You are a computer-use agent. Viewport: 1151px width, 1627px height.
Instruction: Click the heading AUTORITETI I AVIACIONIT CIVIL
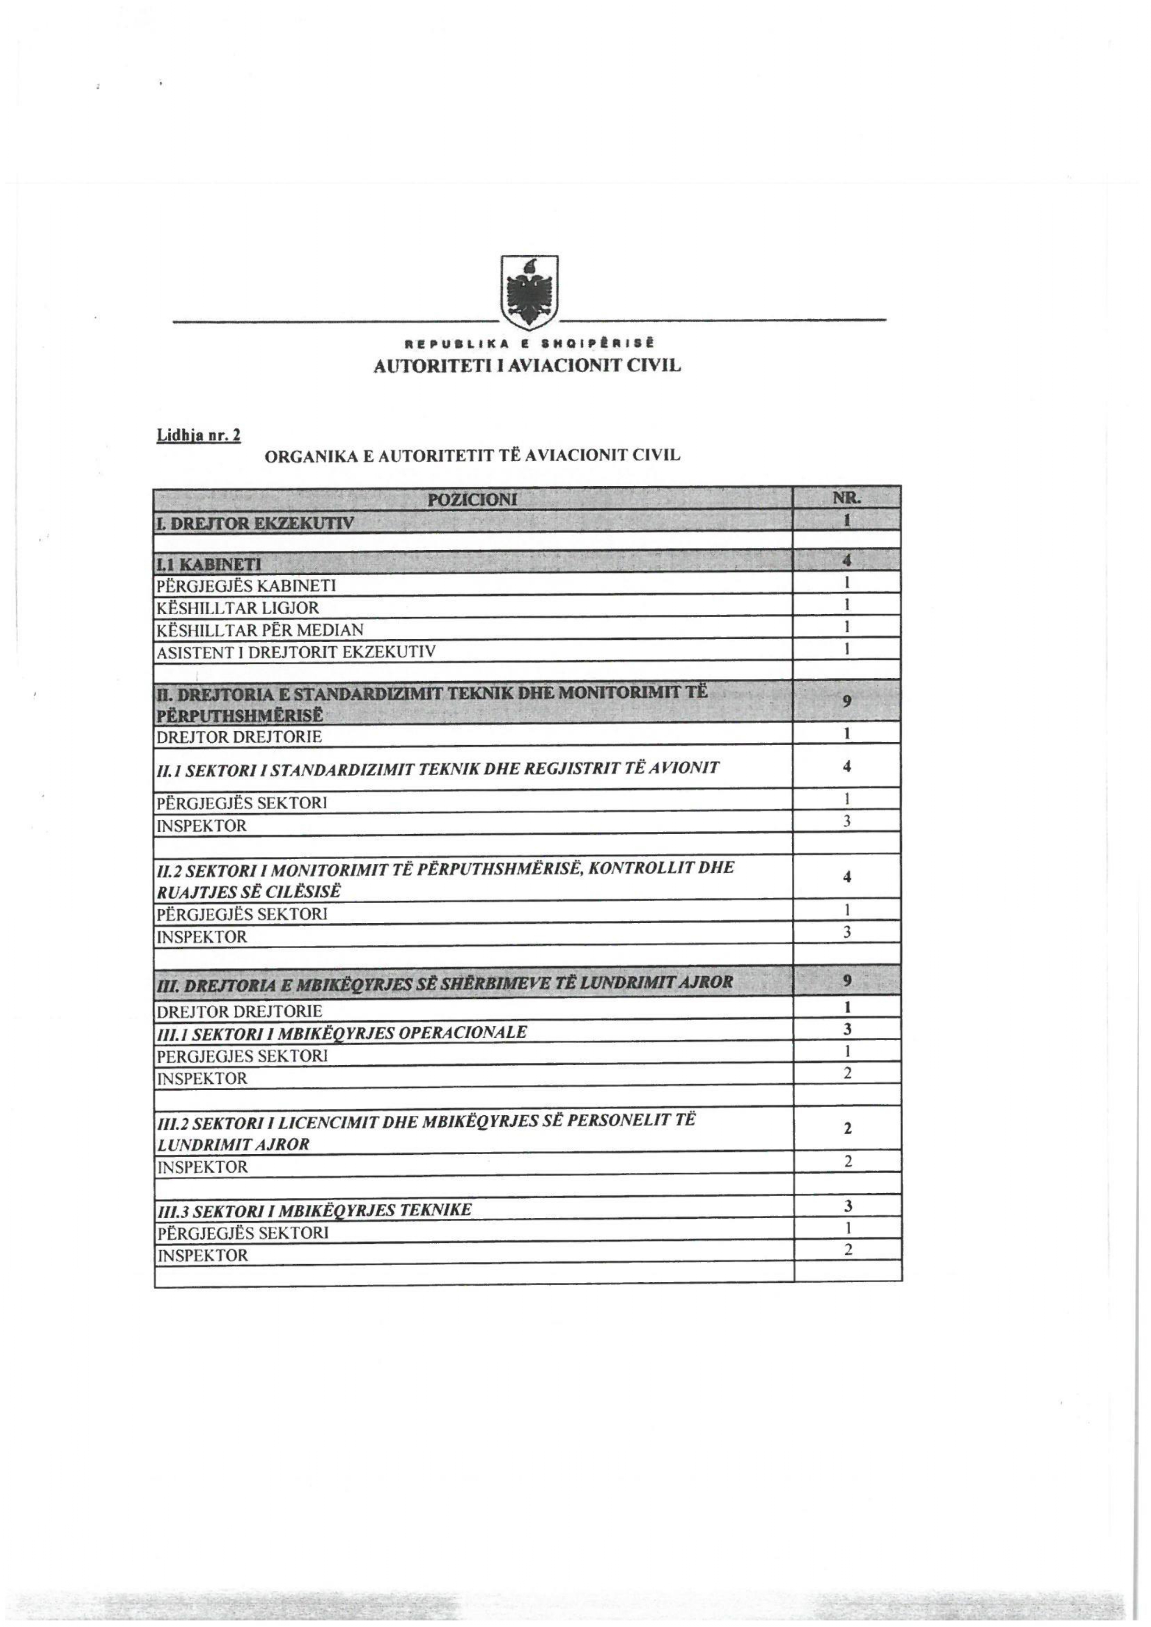tap(527, 366)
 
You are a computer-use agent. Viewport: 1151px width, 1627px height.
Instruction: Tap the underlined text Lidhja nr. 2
tap(199, 435)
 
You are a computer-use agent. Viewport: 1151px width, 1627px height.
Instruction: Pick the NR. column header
tap(847, 498)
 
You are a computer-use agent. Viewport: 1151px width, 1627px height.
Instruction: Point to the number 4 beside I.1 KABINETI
tap(846, 560)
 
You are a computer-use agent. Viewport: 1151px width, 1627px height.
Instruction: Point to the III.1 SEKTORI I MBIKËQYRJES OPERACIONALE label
tap(342, 1032)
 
